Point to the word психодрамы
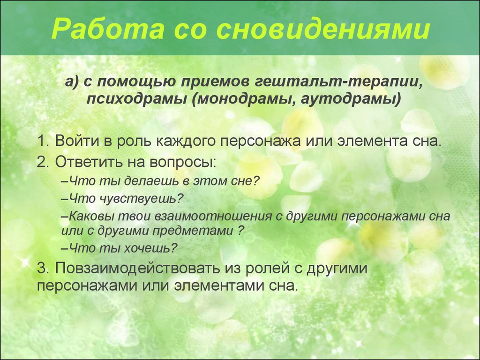(136, 99)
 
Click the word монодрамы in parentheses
(243, 99)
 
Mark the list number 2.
(43, 162)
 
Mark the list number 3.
(43, 268)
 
